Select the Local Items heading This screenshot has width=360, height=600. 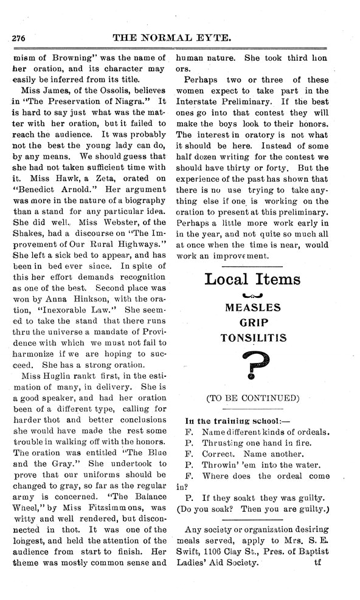tap(252, 279)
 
